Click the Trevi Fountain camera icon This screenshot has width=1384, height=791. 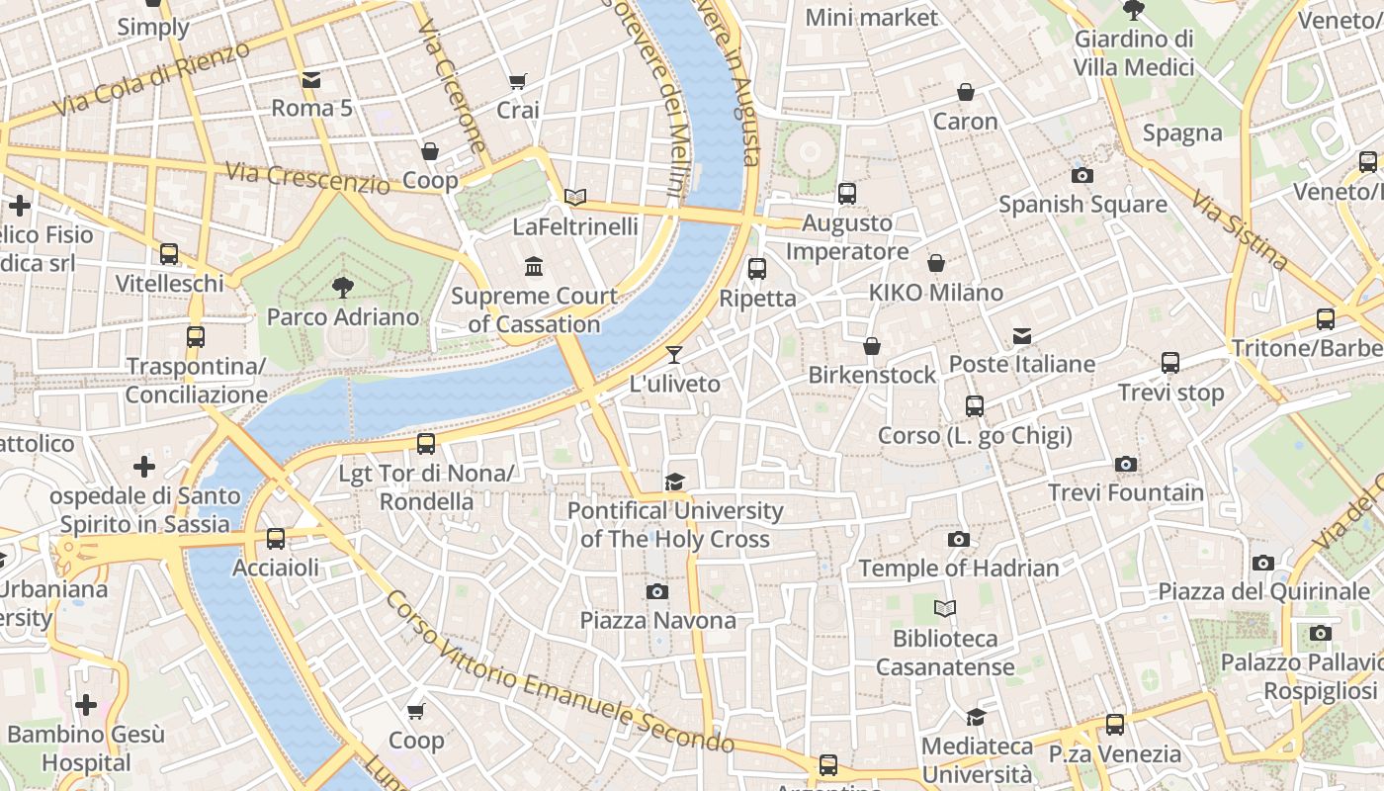point(1125,465)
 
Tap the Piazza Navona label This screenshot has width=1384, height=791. point(657,621)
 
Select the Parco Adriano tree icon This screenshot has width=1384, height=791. point(343,288)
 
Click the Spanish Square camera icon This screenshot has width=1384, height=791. point(1082,176)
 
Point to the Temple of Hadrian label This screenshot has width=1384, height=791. point(958,569)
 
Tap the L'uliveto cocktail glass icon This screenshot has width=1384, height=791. point(674,355)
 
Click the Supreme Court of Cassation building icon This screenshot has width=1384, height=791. point(534,266)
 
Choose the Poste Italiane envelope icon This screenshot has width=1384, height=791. point(1022,336)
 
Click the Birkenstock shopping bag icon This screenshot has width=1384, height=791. point(872,346)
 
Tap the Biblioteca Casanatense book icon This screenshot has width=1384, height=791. point(945,609)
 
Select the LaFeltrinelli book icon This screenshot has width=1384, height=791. point(575,197)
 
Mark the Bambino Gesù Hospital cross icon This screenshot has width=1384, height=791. point(86,705)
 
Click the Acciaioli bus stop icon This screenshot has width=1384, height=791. point(276,539)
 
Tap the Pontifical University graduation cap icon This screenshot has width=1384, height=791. point(674,482)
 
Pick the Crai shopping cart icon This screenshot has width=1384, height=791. point(517,81)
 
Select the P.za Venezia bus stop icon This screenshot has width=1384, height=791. point(1115,725)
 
